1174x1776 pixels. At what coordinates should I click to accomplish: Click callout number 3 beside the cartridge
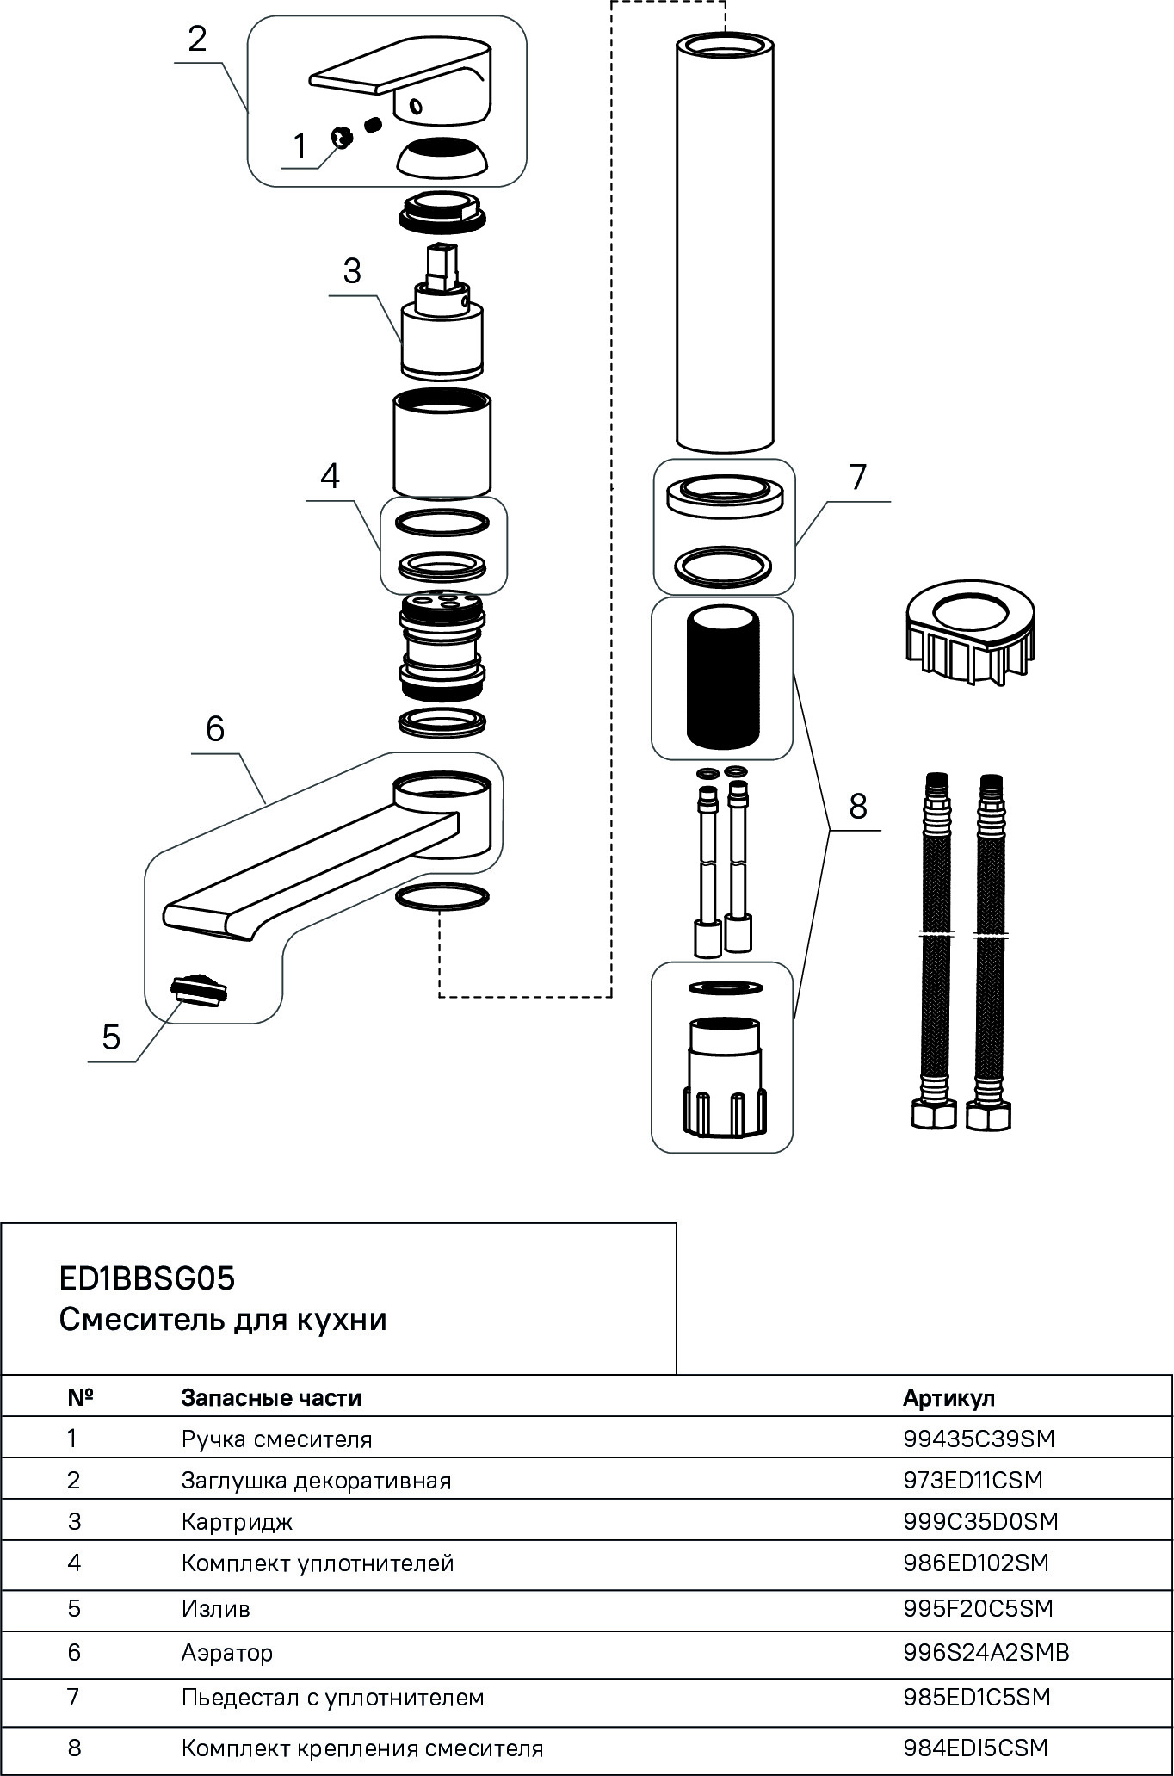tap(352, 271)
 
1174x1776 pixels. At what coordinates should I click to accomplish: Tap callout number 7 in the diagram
tap(857, 476)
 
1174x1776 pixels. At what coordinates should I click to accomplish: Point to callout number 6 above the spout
tap(215, 728)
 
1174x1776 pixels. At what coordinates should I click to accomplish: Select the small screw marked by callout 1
tap(343, 136)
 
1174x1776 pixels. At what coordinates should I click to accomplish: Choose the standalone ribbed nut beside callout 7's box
tap(967, 637)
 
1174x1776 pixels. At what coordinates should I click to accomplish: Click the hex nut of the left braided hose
tap(933, 1115)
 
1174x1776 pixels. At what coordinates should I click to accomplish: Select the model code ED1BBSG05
tap(146, 1279)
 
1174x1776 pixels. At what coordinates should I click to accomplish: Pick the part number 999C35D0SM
tap(980, 1521)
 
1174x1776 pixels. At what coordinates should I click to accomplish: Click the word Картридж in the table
tap(237, 1521)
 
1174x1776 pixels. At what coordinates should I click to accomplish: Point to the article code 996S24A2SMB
tap(986, 1652)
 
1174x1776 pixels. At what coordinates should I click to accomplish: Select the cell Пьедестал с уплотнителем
tap(332, 1697)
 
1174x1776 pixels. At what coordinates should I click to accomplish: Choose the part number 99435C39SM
tap(979, 1439)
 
